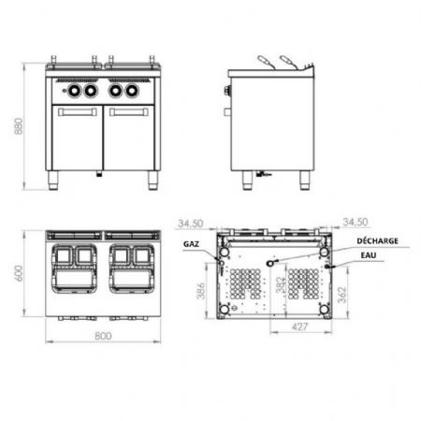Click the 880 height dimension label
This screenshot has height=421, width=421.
[19, 126]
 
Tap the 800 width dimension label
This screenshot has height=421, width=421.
[103, 336]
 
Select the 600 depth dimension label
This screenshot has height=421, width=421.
[19, 273]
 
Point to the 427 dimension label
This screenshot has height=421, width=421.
[299, 327]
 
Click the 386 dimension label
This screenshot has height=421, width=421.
[201, 291]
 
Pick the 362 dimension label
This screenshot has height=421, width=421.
[342, 295]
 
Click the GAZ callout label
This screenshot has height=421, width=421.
[191, 244]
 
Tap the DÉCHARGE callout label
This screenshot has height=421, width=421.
[377, 240]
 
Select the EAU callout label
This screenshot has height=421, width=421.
[369, 255]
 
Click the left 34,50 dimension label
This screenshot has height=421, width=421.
[190, 224]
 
